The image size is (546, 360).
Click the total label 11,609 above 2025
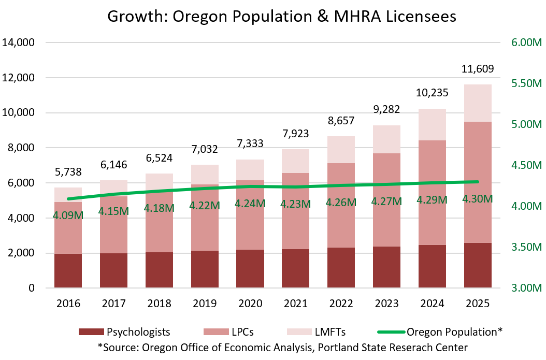[477, 68]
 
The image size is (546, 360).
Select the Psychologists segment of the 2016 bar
[68, 271]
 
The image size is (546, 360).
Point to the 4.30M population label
[477, 198]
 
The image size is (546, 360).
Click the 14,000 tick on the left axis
[19, 42]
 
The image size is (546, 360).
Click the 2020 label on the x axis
[250, 304]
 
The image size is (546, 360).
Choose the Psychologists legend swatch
[91, 332]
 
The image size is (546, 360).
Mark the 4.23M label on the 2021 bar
[295, 204]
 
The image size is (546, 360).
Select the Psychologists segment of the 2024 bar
[432, 266]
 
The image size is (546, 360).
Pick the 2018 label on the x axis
[160, 304]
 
